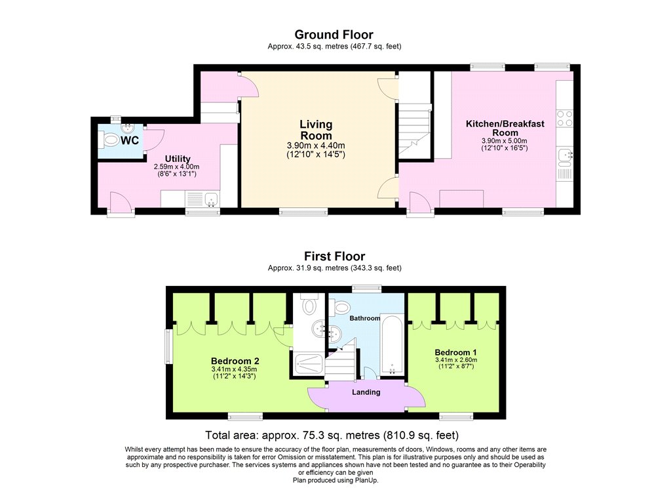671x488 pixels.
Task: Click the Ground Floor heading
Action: pyautogui.click(x=334, y=35)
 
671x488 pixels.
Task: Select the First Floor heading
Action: pyautogui.click(x=334, y=256)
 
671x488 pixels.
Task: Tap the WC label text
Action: pyautogui.click(x=130, y=140)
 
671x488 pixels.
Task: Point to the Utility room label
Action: pyautogui.click(x=178, y=159)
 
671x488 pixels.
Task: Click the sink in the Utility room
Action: pyautogui.click(x=202, y=199)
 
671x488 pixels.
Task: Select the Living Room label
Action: pyautogui.click(x=316, y=130)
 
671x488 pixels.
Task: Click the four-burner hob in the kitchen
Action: pyautogui.click(x=564, y=118)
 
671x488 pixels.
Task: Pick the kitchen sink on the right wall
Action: pyautogui.click(x=564, y=155)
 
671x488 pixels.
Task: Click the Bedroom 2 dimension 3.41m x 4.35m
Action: pyautogui.click(x=235, y=370)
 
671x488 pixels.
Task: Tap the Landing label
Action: pyautogui.click(x=366, y=392)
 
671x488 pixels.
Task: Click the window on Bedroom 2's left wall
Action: pyautogui.click(x=168, y=346)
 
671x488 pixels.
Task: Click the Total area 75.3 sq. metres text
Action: pyautogui.click(x=332, y=435)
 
